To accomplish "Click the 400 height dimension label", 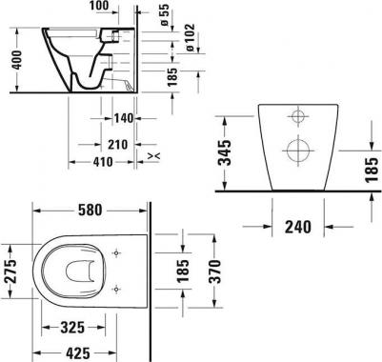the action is [17, 60].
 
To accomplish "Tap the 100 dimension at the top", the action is [99, 6].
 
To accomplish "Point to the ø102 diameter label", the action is [190, 37].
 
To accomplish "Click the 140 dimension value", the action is [124, 118].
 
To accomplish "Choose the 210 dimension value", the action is [117, 145].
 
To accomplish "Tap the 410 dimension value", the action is [103, 162].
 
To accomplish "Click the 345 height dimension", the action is [226, 152].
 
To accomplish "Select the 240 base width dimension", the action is [298, 227].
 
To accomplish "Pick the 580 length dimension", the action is [90, 211].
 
